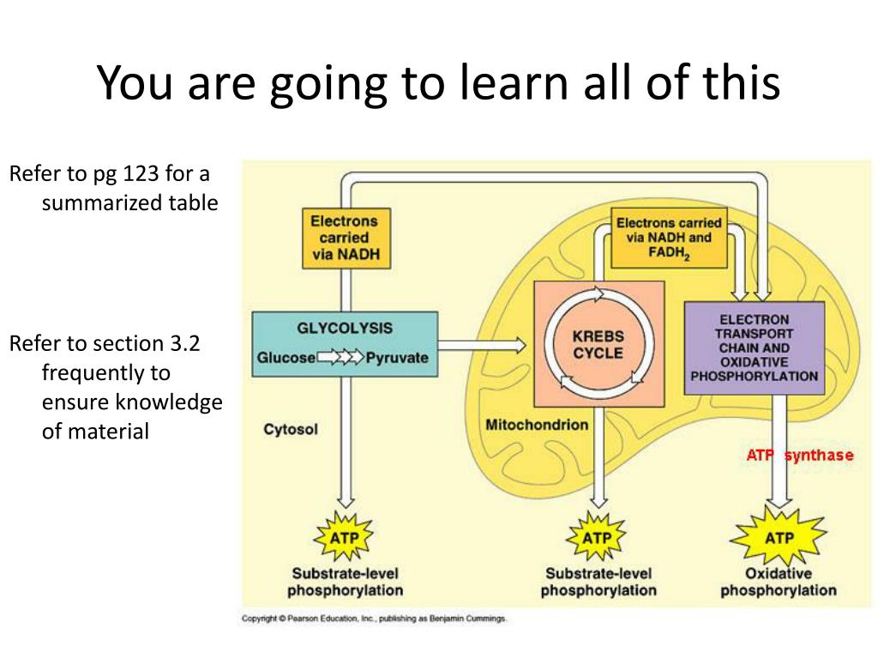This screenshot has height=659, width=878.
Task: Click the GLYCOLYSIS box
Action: pyautogui.click(x=345, y=343)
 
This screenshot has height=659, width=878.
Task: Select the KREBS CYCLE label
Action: pyautogui.click(x=598, y=343)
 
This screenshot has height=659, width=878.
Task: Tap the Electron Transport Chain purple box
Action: pyautogui.click(x=754, y=348)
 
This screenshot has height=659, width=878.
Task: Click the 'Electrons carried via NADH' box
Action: pyautogui.click(x=344, y=237)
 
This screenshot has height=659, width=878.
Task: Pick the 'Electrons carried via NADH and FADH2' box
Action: pyautogui.click(x=669, y=237)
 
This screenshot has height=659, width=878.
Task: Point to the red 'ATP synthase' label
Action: pyautogui.click(x=799, y=455)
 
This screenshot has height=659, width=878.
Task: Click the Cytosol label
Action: pyautogui.click(x=291, y=429)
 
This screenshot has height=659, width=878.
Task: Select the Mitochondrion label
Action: pyautogui.click(x=537, y=424)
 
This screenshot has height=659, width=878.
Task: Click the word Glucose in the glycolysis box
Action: pyautogui.click(x=286, y=358)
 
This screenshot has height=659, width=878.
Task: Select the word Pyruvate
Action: pyautogui.click(x=396, y=358)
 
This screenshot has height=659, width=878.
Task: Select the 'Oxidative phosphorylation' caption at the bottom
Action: pyautogui.click(x=779, y=582)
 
